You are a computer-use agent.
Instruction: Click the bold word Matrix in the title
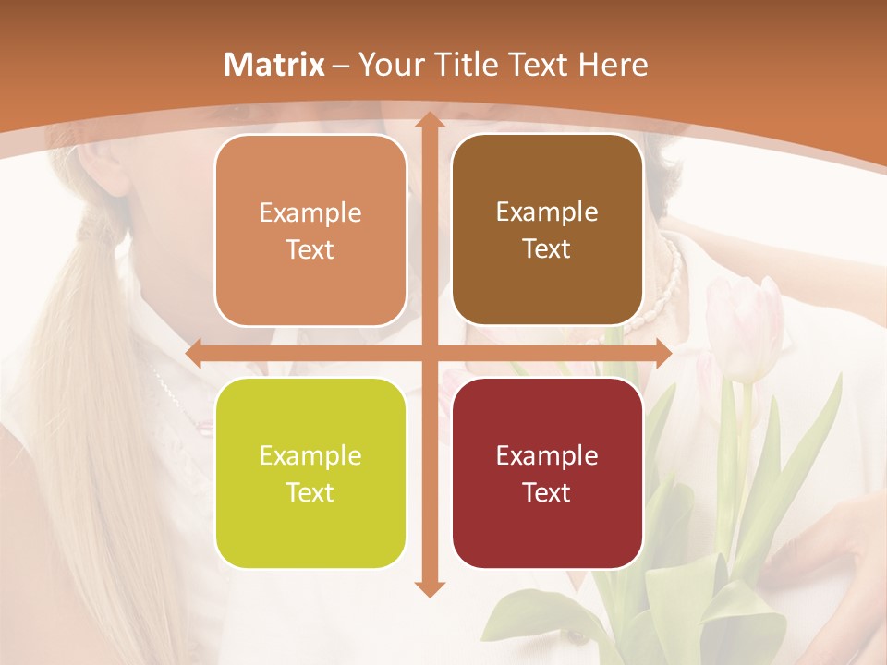pos(274,65)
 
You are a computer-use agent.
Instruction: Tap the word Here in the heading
pos(613,65)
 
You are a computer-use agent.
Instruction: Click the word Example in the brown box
pos(547,212)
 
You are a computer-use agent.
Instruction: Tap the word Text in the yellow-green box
pos(310,492)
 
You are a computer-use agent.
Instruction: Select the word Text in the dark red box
pos(547,492)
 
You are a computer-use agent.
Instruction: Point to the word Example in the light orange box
pos(310,212)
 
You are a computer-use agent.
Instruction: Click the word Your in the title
pos(389,65)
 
